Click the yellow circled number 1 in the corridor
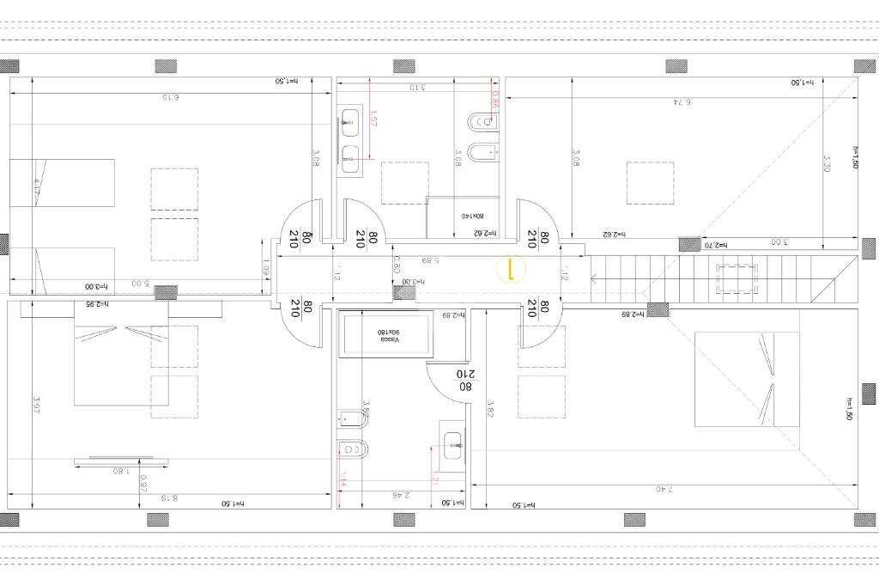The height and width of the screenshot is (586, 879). point(510,271)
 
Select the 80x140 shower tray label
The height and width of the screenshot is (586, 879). point(472,217)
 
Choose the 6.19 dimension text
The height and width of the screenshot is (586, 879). point(168,497)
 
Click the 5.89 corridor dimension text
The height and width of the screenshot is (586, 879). point(431,260)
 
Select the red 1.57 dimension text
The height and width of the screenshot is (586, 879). point(373,119)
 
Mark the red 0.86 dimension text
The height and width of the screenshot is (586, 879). point(495,101)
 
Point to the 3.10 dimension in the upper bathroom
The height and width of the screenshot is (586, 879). point(417,88)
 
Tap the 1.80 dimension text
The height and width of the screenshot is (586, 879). point(119,471)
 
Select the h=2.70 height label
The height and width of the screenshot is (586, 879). point(716,245)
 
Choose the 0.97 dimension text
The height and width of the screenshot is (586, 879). point(143,484)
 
